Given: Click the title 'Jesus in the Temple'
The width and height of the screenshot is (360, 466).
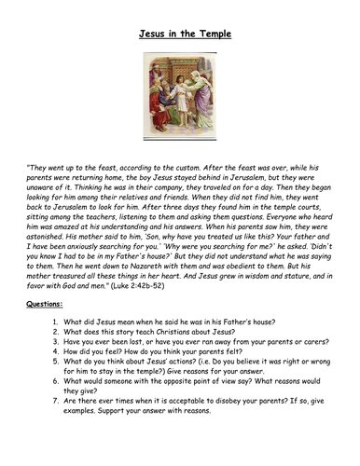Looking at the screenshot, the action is tap(180, 34).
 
